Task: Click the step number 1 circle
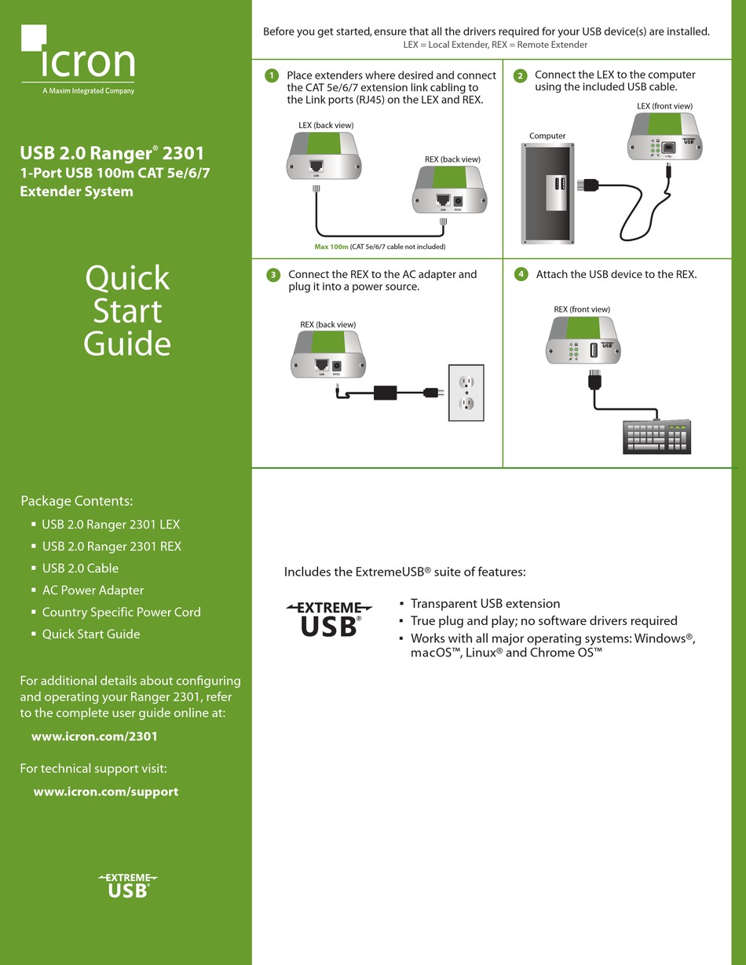pos(272,75)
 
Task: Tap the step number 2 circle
pos(520,75)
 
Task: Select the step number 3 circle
pos(272,275)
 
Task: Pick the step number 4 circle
pos(521,274)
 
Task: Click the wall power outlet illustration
pos(466,393)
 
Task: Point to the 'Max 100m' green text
pos(331,247)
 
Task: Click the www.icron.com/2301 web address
pos(94,737)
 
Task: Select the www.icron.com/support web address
pos(105,791)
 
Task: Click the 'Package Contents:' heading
pos(76,501)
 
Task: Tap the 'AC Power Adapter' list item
pos(93,590)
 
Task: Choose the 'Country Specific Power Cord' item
pos(121,612)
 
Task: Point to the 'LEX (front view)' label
pos(664,105)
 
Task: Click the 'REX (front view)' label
pos(582,309)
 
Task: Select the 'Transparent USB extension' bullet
pos(485,604)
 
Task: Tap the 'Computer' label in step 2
pos(547,136)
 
